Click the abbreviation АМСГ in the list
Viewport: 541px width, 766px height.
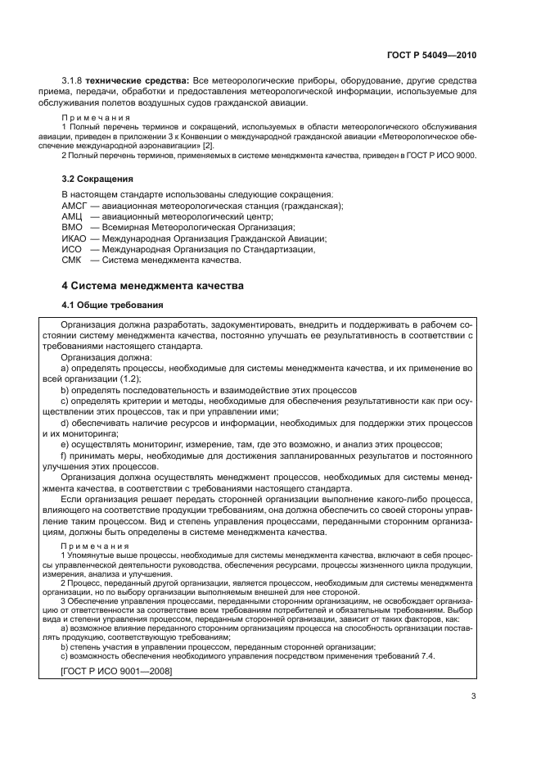tap(75, 205)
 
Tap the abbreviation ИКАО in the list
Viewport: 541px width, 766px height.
tap(74, 238)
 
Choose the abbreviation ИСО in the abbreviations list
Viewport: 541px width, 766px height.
tap(72, 249)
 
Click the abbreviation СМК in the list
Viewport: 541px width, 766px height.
tap(72, 261)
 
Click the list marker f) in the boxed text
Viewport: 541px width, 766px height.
tap(65, 455)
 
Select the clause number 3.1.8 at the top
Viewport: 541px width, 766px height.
tap(75, 79)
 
